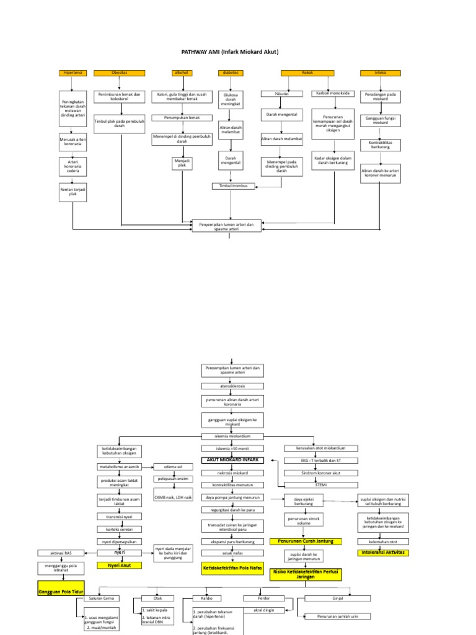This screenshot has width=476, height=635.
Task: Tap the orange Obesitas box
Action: [x=120, y=73]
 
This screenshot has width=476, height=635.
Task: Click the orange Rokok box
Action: [x=307, y=73]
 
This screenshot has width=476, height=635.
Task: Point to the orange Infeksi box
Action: [x=381, y=73]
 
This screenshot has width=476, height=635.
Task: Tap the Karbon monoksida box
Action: [x=333, y=94]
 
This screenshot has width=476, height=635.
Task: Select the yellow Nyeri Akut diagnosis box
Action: [x=119, y=565]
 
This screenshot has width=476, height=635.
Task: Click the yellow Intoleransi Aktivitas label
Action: [x=384, y=552]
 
